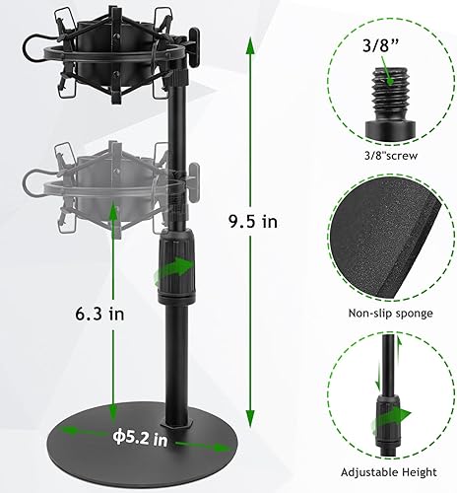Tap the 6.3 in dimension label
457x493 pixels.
click(x=101, y=315)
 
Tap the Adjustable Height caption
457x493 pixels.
click(x=391, y=471)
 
